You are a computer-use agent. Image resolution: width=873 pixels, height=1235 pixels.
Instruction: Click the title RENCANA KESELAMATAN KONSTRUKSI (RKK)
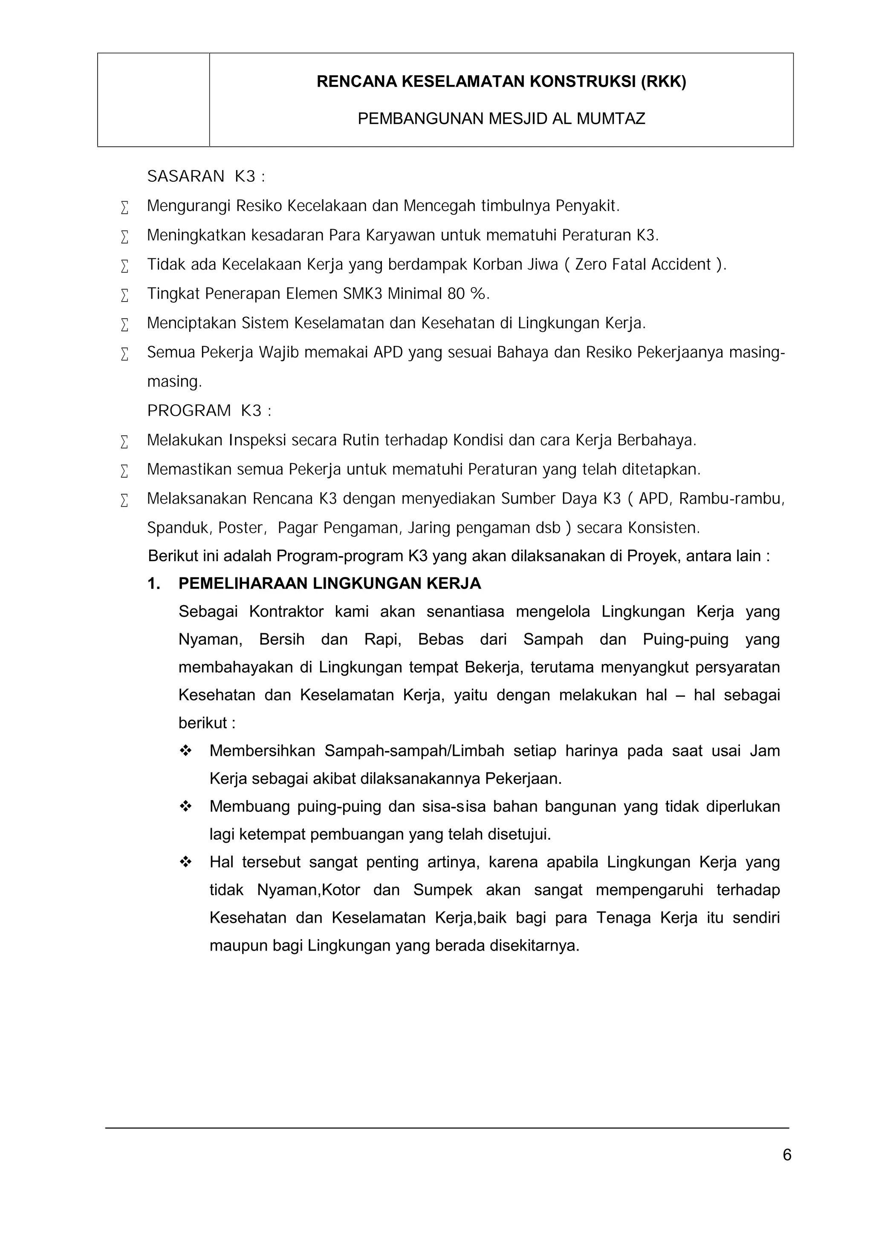pos(501,82)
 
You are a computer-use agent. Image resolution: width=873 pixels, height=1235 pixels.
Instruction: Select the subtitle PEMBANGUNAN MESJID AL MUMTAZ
pos(501,119)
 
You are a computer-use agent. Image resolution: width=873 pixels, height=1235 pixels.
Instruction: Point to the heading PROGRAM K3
pos(209,411)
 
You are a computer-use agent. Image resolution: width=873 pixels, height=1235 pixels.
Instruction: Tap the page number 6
pos(787,1155)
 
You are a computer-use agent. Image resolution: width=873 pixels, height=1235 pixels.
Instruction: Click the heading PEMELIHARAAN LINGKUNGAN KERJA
pos(330,584)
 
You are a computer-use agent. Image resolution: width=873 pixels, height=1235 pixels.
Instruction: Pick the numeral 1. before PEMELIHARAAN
pos(154,584)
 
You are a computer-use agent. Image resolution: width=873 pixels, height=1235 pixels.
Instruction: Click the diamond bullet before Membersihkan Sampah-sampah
pos(186,751)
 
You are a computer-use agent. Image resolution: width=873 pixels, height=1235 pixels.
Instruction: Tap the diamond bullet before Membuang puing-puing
pos(186,806)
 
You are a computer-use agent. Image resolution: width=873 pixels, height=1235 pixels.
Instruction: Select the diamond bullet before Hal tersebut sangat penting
pos(186,862)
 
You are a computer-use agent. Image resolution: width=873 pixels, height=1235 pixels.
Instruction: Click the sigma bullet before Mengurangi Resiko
pos(125,207)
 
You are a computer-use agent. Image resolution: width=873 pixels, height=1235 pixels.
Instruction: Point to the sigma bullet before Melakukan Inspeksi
pos(125,442)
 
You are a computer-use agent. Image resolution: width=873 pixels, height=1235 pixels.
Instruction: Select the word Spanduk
pos(179,528)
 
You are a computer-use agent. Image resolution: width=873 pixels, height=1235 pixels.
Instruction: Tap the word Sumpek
pos(442,890)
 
